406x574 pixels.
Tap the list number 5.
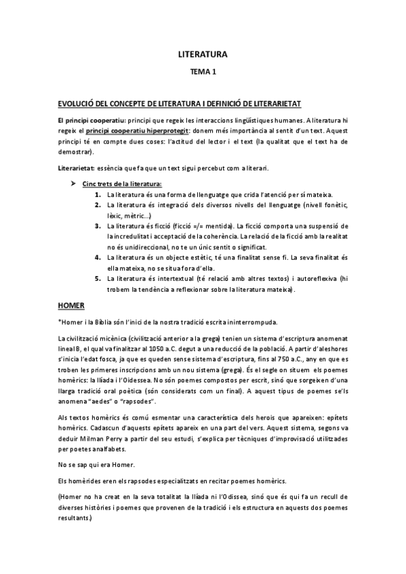[99, 278]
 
